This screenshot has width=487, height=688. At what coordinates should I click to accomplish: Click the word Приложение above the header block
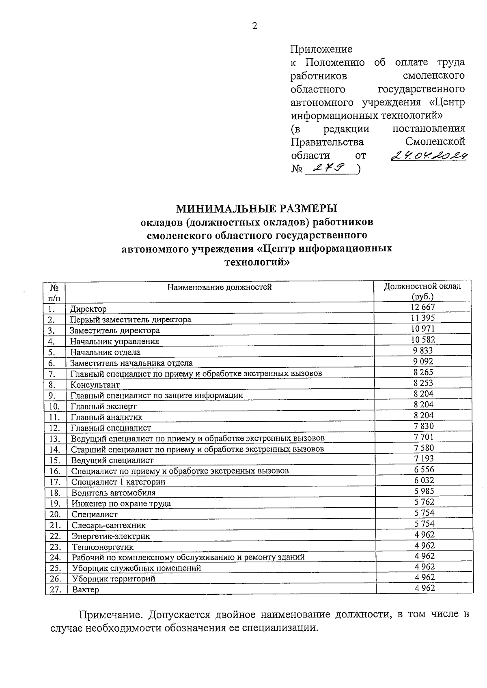321,49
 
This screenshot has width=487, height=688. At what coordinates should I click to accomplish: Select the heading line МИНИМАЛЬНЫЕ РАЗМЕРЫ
256,209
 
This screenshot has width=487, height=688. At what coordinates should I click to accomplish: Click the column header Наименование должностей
220,287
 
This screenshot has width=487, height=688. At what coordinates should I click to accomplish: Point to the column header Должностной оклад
422,287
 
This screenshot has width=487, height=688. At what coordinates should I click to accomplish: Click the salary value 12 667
423,307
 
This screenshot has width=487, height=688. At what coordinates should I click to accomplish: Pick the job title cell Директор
88,309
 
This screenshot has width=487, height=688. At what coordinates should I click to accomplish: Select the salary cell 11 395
423,318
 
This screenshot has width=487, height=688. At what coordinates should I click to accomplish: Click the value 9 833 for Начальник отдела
423,350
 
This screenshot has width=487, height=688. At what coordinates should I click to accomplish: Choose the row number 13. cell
55,439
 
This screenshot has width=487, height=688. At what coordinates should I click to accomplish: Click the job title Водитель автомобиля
114,493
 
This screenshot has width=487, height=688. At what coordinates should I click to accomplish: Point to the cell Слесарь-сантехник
108,525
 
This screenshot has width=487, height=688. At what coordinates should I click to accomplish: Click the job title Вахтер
85,590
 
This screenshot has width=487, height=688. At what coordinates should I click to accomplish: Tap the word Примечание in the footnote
111,615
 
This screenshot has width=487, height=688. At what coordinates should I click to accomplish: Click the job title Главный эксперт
103,406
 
